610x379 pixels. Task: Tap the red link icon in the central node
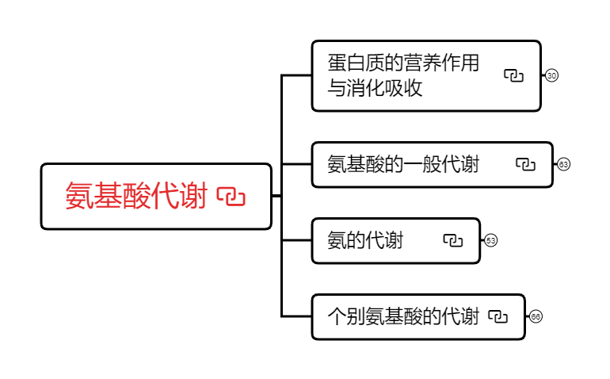click(x=231, y=197)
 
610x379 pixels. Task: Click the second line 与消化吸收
click(x=375, y=88)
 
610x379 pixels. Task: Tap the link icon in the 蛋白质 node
click(x=514, y=75)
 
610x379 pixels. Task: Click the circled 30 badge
click(x=552, y=75)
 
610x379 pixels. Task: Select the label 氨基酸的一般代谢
click(x=403, y=164)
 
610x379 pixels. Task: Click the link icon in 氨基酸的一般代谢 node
click(x=526, y=164)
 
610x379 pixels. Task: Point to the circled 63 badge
click(x=564, y=164)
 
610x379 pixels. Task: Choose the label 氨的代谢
click(x=365, y=240)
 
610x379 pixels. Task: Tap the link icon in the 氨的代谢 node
click(x=452, y=240)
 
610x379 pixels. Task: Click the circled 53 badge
click(x=491, y=240)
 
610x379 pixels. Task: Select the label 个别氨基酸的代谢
click(x=403, y=316)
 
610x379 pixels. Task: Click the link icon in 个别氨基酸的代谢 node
click(x=498, y=316)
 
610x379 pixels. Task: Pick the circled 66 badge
click(x=536, y=316)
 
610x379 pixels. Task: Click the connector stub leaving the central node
click(x=276, y=195)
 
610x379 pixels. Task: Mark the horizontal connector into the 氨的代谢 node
click(x=297, y=240)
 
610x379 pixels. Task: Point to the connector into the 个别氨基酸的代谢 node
click(x=297, y=316)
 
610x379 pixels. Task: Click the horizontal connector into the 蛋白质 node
click(x=297, y=75)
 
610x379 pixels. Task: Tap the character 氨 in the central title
click(x=79, y=197)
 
